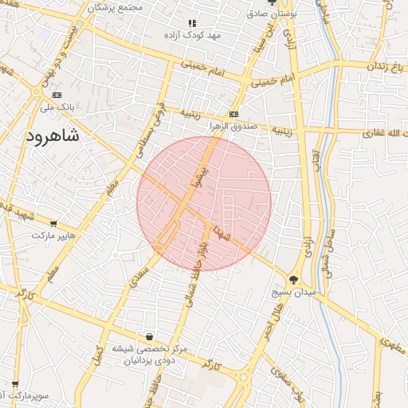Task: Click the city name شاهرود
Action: pyautogui.click(x=54, y=136)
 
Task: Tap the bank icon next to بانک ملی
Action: pyautogui.click(x=56, y=95)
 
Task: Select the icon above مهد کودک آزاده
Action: pyautogui.click(x=191, y=24)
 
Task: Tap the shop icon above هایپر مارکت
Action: pyautogui.click(x=53, y=224)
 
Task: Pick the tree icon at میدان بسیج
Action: pyautogui.click(x=294, y=280)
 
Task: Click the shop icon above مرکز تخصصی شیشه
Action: pyautogui.click(x=149, y=336)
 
